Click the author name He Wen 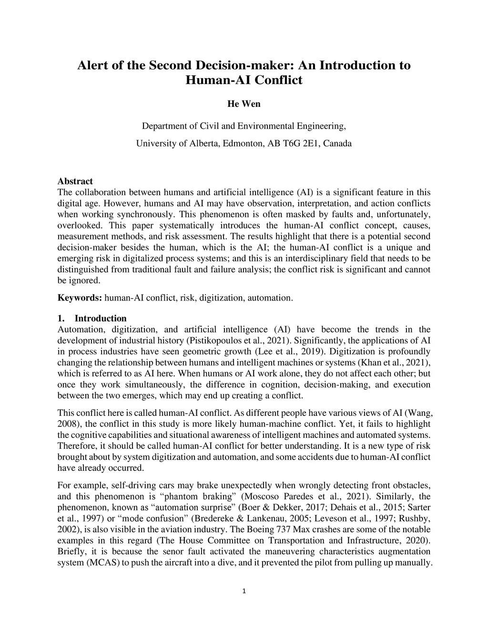coord(244,104)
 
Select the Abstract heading coord(75,181)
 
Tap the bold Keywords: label coord(80,298)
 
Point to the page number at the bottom coord(244,591)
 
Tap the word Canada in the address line coord(337,144)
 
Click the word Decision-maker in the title coord(237,65)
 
